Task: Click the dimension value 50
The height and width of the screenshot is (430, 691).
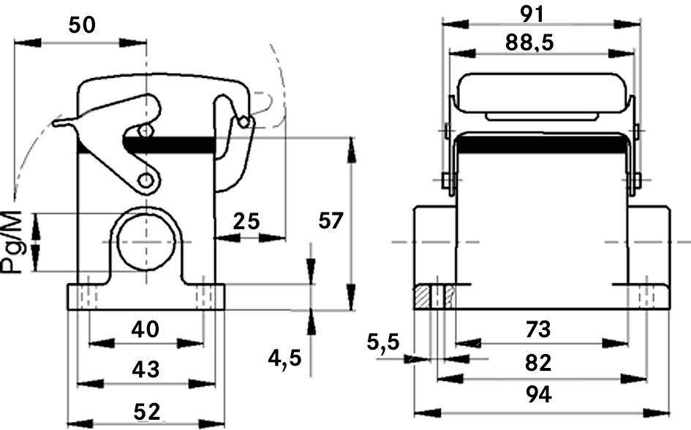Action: pyautogui.click(x=81, y=25)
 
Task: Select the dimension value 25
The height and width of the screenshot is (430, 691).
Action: pyautogui.click(x=246, y=220)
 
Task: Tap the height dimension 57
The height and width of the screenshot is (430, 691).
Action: pyautogui.click(x=331, y=220)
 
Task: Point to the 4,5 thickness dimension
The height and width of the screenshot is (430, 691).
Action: pyautogui.click(x=284, y=357)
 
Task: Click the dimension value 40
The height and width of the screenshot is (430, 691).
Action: pyautogui.click(x=145, y=330)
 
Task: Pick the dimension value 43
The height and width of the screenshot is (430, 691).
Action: pyautogui.click(x=146, y=369)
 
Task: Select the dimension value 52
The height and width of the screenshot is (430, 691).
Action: pyautogui.click(x=146, y=412)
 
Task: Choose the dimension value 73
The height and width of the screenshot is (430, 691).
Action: pyautogui.click(x=538, y=330)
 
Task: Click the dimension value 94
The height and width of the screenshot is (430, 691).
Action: pyautogui.click(x=538, y=395)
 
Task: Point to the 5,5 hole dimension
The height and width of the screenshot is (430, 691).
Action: pyautogui.click(x=383, y=342)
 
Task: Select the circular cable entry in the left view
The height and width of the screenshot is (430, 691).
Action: pyautogui.click(x=146, y=242)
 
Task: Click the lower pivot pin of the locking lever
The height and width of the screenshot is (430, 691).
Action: pyautogui.click(x=147, y=180)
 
